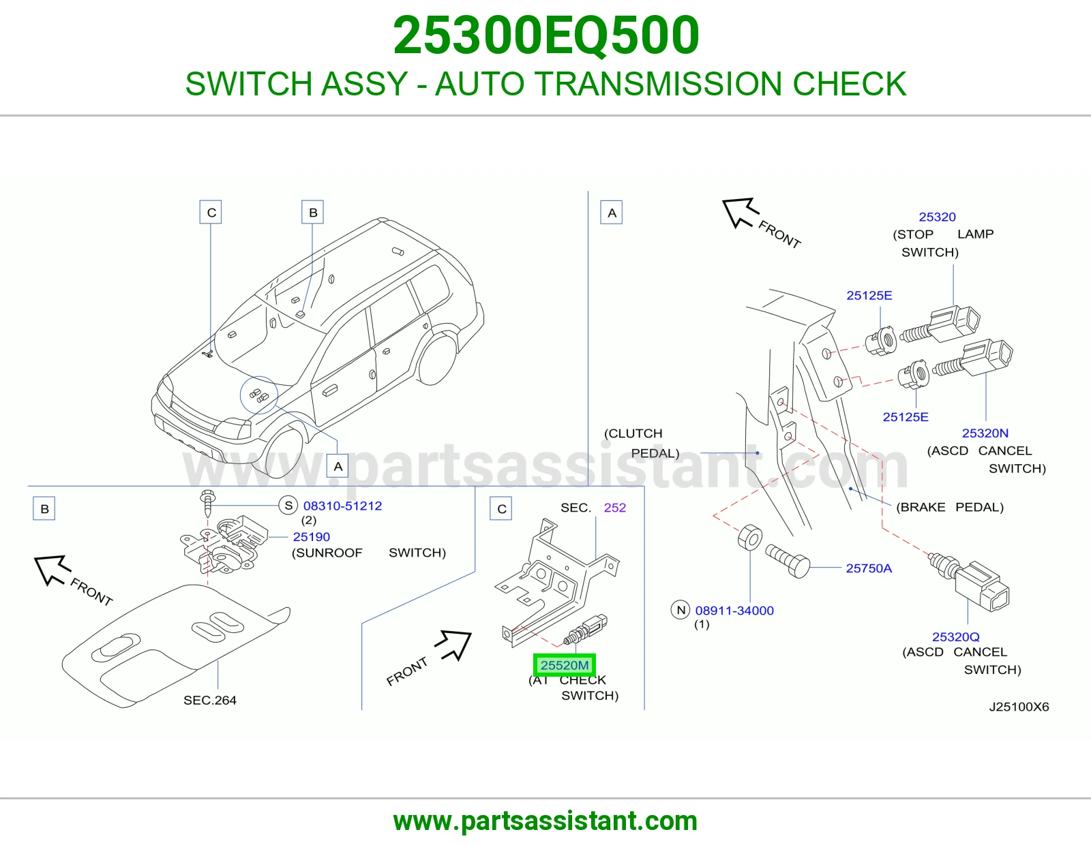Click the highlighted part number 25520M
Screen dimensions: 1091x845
(x=565, y=665)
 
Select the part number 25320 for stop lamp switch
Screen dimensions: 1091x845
(x=937, y=217)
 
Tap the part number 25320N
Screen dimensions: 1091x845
(x=985, y=433)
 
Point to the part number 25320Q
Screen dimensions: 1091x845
(x=955, y=636)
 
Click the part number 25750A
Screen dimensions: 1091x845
(x=869, y=568)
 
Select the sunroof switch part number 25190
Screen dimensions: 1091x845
(x=312, y=536)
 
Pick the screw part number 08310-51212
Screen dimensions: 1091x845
(x=342, y=505)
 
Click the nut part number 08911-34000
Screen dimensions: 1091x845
(x=734, y=610)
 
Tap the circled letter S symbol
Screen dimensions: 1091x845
(x=288, y=505)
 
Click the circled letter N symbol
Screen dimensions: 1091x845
(x=681, y=610)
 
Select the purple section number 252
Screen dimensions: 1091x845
(x=614, y=507)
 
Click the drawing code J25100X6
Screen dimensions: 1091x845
(x=1019, y=707)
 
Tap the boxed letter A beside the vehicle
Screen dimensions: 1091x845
(x=338, y=466)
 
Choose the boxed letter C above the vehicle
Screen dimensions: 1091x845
(x=211, y=212)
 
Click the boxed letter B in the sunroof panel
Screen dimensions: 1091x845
(x=44, y=508)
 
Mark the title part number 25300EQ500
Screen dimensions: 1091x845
(x=545, y=35)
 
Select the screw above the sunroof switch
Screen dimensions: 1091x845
(x=207, y=504)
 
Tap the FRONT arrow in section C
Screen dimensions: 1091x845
(x=453, y=645)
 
